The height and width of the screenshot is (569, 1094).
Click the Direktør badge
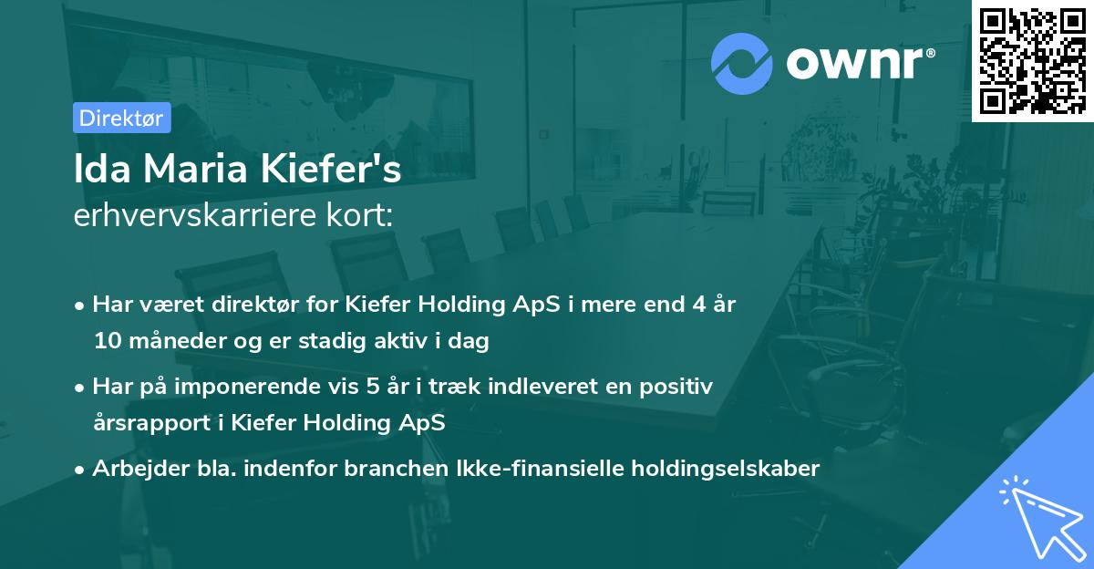[x=121, y=118]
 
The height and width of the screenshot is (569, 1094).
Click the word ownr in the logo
[x=860, y=64]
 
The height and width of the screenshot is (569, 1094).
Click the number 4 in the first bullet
[x=696, y=305]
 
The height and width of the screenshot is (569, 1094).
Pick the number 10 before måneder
[x=105, y=342]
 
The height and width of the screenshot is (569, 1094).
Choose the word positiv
[x=679, y=387]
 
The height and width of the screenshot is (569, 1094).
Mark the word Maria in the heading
[x=198, y=171]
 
